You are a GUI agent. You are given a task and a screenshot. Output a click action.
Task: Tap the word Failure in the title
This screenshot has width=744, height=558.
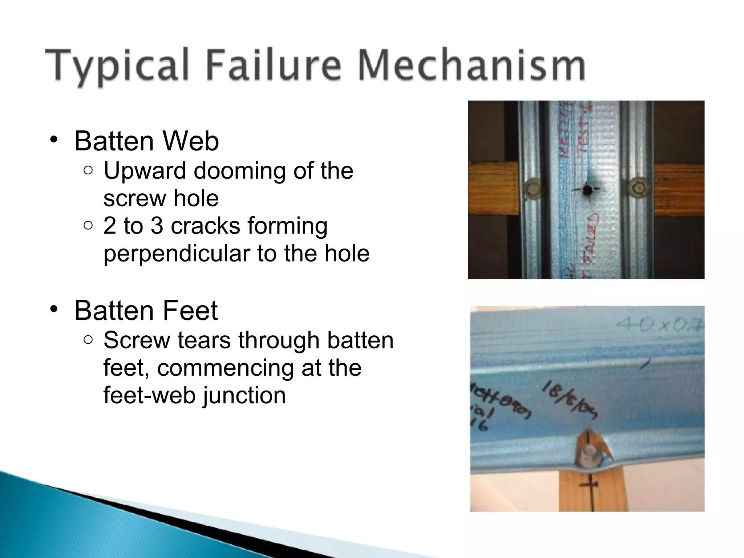(275, 65)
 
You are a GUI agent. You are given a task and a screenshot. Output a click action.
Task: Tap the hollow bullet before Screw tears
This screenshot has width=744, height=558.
(88, 340)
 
